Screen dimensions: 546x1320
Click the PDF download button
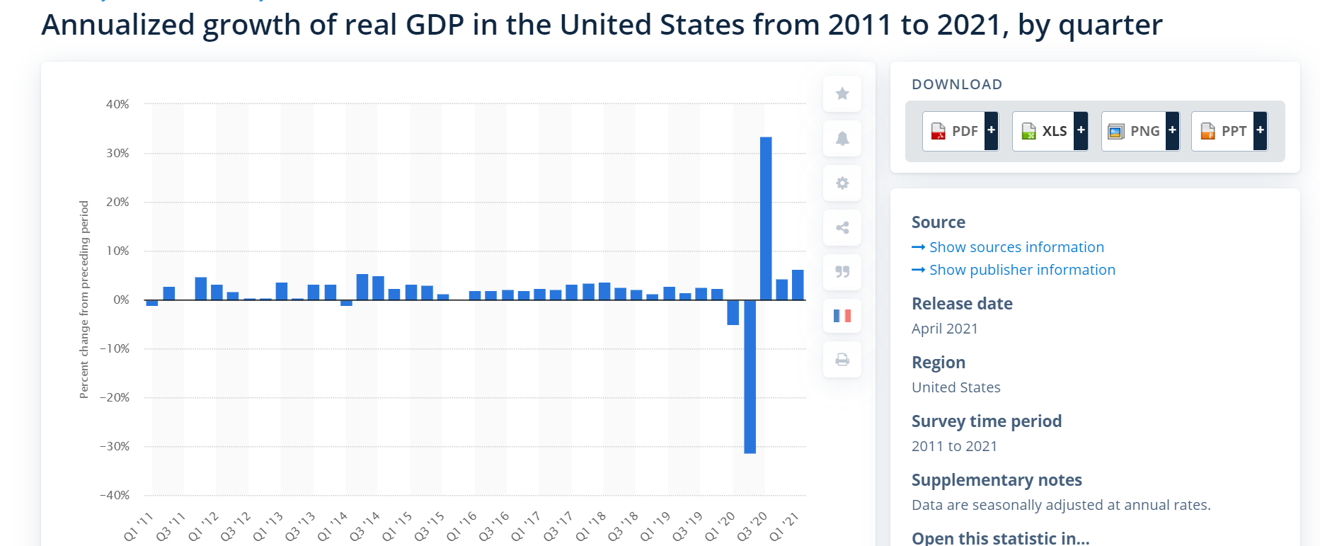960,131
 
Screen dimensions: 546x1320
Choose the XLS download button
1050,131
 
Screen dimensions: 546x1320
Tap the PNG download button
1140,131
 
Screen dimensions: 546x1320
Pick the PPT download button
1229,131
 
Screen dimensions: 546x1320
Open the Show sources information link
1016,247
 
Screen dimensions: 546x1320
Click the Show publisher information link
1021,270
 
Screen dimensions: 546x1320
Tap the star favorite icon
842,94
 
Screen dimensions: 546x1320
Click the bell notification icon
842,139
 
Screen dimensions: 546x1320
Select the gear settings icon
842,183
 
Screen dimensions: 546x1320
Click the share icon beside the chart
842,228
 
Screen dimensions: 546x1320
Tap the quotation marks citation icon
842,272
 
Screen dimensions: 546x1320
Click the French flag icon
842,316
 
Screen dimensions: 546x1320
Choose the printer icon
842,360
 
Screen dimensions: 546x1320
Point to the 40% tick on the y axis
117,104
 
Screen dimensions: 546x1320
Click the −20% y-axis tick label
115,397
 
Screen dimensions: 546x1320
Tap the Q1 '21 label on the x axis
784,528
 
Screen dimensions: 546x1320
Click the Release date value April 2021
944,329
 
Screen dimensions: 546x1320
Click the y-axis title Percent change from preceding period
84,300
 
